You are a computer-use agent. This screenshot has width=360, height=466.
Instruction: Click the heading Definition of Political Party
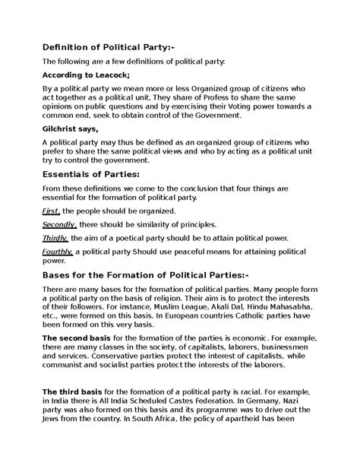109,47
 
